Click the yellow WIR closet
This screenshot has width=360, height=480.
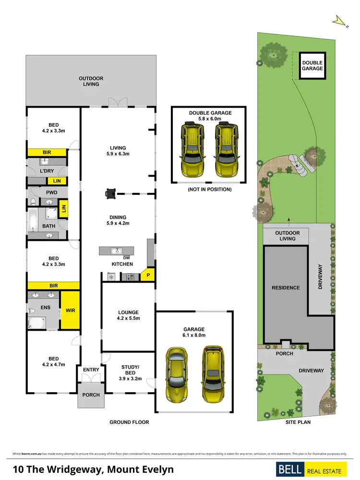[70, 311]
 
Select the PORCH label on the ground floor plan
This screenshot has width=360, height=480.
[91, 395]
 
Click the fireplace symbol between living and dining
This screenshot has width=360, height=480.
[111, 193]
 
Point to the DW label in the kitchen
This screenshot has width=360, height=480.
[127, 258]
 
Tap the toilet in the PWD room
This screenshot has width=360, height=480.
[33, 202]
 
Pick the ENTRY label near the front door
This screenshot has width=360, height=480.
[91, 370]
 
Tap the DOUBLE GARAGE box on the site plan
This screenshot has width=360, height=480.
[312, 65]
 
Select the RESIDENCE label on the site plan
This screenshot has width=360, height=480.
[286, 288]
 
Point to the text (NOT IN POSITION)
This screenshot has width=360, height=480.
[210, 190]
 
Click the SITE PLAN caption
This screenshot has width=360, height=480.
[298, 422]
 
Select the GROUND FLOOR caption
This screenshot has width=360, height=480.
[129, 422]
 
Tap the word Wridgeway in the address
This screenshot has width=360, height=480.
[72, 469]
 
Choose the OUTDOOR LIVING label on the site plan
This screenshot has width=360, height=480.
[287, 236]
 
